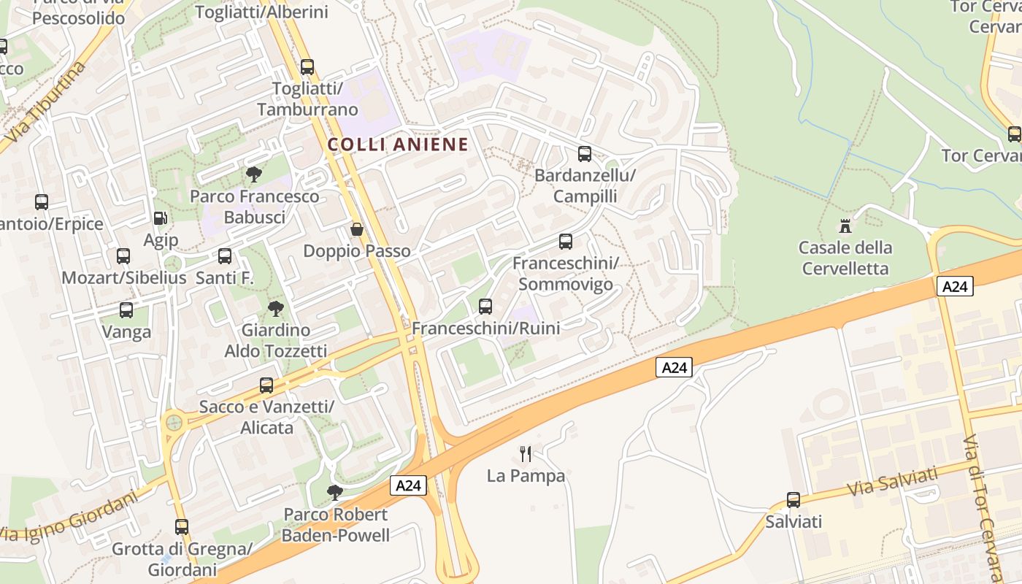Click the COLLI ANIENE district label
tap(398, 145)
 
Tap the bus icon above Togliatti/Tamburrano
tap(307, 67)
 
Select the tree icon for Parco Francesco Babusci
tap(254, 174)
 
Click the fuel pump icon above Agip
tap(160, 218)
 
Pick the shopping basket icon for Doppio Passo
tap(357, 229)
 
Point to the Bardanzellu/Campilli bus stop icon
tap(585, 154)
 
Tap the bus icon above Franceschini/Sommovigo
tap(566, 241)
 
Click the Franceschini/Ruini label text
tap(486, 328)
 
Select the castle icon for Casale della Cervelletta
tap(846, 226)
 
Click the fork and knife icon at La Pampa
tap(526, 454)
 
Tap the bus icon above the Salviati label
tap(794, 500)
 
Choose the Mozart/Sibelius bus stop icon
tap(123, 256)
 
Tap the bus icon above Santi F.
tap(225, 256)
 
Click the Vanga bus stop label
tap(126, 332)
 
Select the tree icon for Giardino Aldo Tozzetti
tap(275, 309)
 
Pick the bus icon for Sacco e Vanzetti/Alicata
tap(266, 385)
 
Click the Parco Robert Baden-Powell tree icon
tap(335, 493)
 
